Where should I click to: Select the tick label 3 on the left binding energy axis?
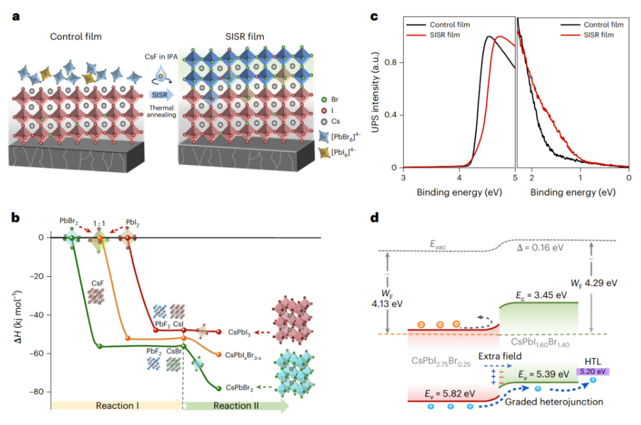click(x=404, y=176)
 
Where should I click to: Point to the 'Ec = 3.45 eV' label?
click(x=541, y=295)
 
